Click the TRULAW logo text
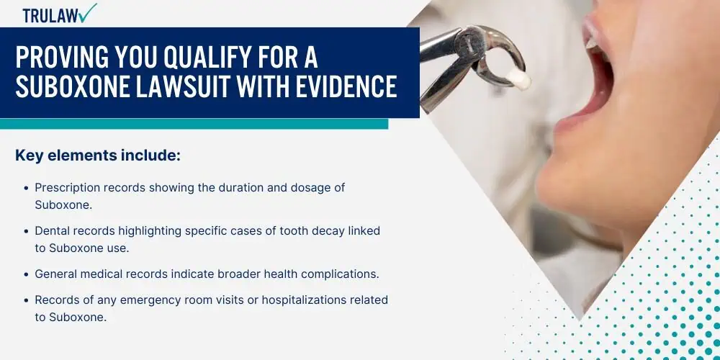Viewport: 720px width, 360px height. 50,15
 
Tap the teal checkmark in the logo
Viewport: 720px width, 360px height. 87,12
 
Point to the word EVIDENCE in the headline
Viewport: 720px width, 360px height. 346,86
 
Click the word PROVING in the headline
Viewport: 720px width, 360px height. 50,58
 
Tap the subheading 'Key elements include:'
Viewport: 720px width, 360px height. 98,156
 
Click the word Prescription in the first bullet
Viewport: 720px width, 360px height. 68,188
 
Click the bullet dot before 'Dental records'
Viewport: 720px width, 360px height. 26,231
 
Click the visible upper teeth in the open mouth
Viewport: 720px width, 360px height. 591,40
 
